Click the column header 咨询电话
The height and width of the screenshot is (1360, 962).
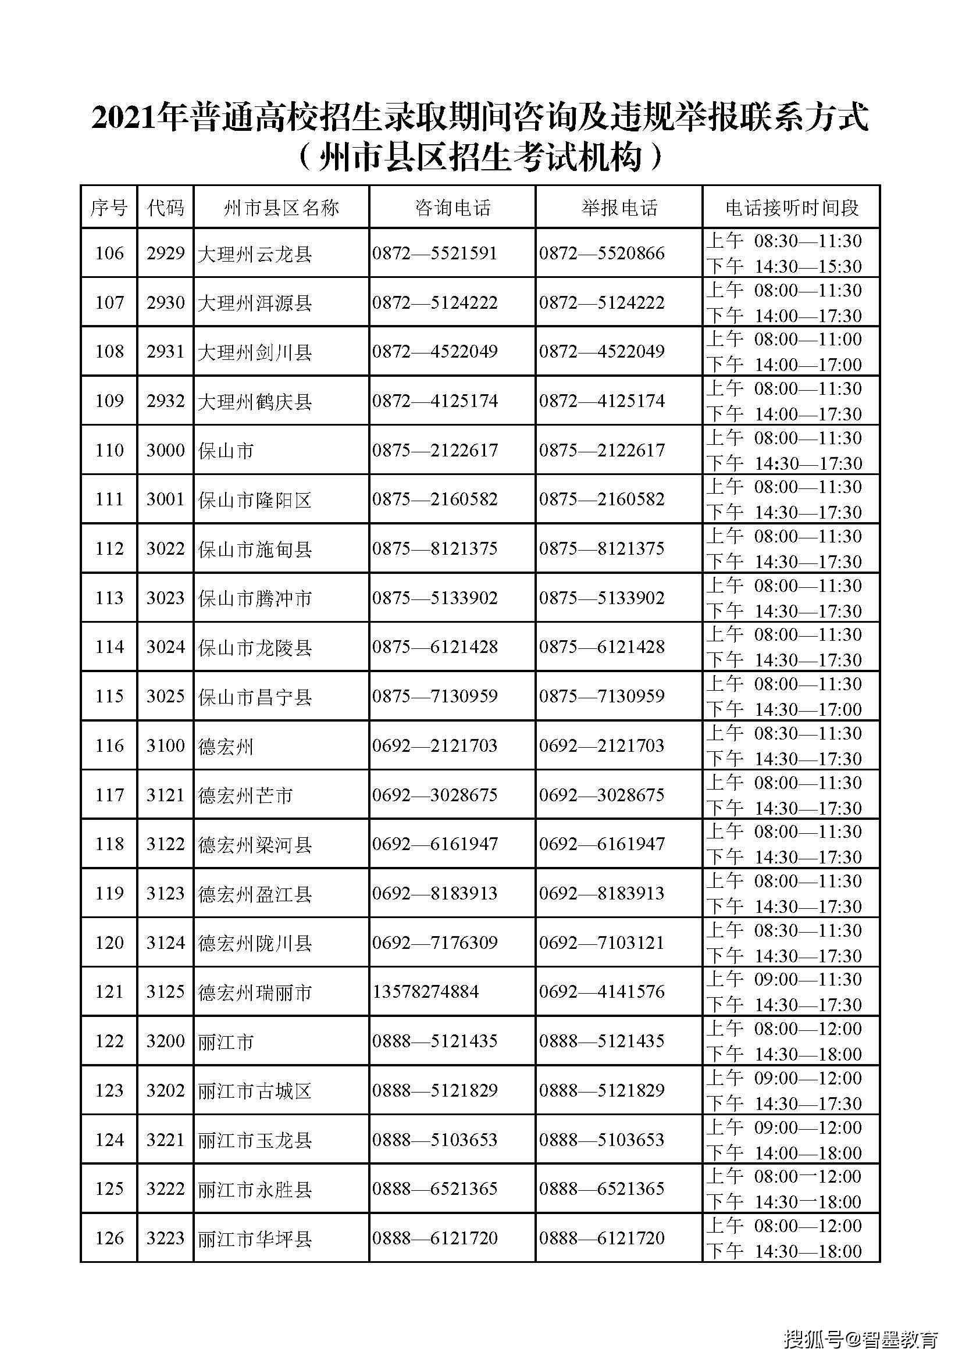(x=453, y=208)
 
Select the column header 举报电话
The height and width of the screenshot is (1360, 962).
(x=619, y=208)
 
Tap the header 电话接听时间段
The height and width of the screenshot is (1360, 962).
(x=792, y=208)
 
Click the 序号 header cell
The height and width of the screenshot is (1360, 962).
(x=108, y=208)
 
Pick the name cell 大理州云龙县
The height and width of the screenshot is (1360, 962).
(x=255, y=254)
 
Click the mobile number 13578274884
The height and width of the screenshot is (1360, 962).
(x=425, y=991)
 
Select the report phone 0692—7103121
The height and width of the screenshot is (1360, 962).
(x=601, y=943)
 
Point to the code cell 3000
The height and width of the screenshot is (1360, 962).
(x=165, y=451)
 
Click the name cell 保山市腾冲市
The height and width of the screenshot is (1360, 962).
(x=255, y=598)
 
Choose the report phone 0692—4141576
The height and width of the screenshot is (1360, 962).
(x=601, y=991)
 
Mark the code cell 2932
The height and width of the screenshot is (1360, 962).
(x=165, y=401)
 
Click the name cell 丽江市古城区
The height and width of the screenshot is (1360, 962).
(x=255, y=1090)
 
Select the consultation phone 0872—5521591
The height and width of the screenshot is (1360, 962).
(x=434, y=254)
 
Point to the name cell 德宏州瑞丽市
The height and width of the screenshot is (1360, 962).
(x=255, y=992)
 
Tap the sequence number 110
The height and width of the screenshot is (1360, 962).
(x=109, y=451)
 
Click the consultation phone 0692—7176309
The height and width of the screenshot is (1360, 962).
(x=434, y=943)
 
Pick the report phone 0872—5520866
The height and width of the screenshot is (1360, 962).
(x=601, y=254)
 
